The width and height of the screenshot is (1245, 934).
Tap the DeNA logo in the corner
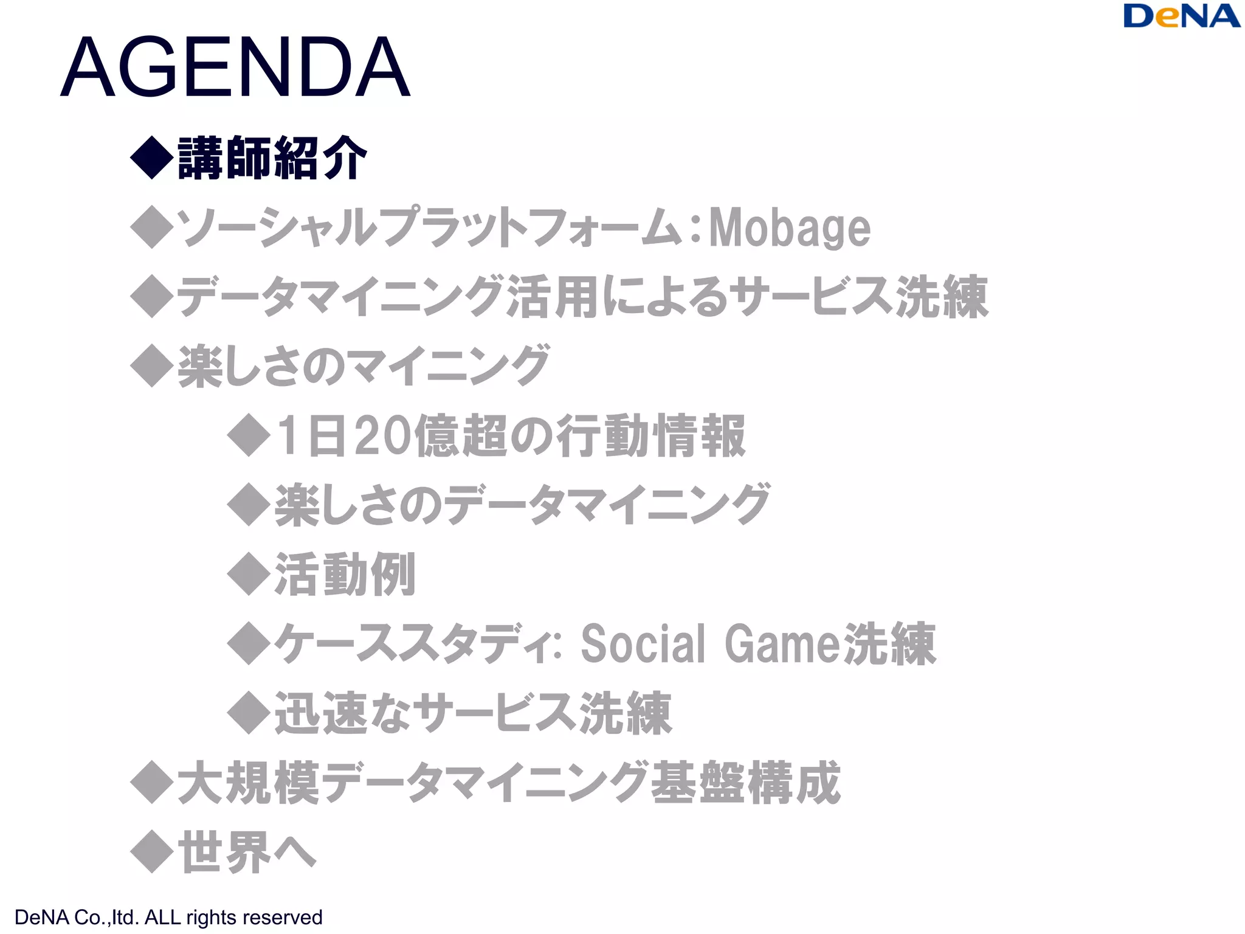[x=1181, y=16]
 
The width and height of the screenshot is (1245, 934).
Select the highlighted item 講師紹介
[x=272, y=158]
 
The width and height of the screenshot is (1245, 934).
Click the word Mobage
[x=790, y=228]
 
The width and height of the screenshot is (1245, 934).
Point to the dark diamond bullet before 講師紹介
[x=152, y=157]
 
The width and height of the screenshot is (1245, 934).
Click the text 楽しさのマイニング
[x=364, y=366]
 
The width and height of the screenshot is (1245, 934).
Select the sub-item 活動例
[x=345, y=575]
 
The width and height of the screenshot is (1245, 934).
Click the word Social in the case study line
[x=643, y=644]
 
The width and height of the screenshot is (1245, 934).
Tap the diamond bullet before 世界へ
[x=152, y=852]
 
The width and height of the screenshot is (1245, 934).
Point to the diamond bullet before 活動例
[x=249, y=574]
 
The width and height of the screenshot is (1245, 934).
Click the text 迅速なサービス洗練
[x=473, y=713]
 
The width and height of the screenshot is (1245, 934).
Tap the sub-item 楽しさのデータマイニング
[x=522, y=505]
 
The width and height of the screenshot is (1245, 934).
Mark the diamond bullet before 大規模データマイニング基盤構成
[x=152, y=783]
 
